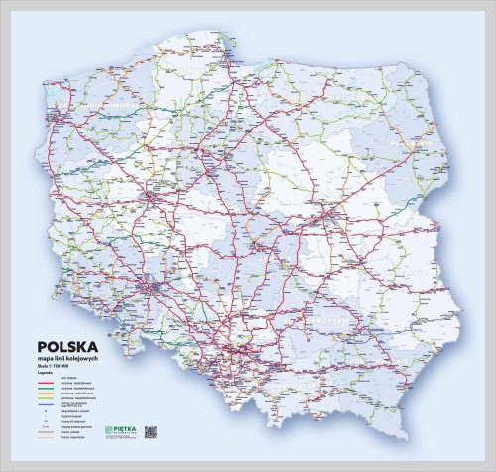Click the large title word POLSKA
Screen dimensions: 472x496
(67, 347)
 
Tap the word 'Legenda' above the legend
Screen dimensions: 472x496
(46, 373)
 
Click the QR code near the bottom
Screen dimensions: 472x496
(151, 432)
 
